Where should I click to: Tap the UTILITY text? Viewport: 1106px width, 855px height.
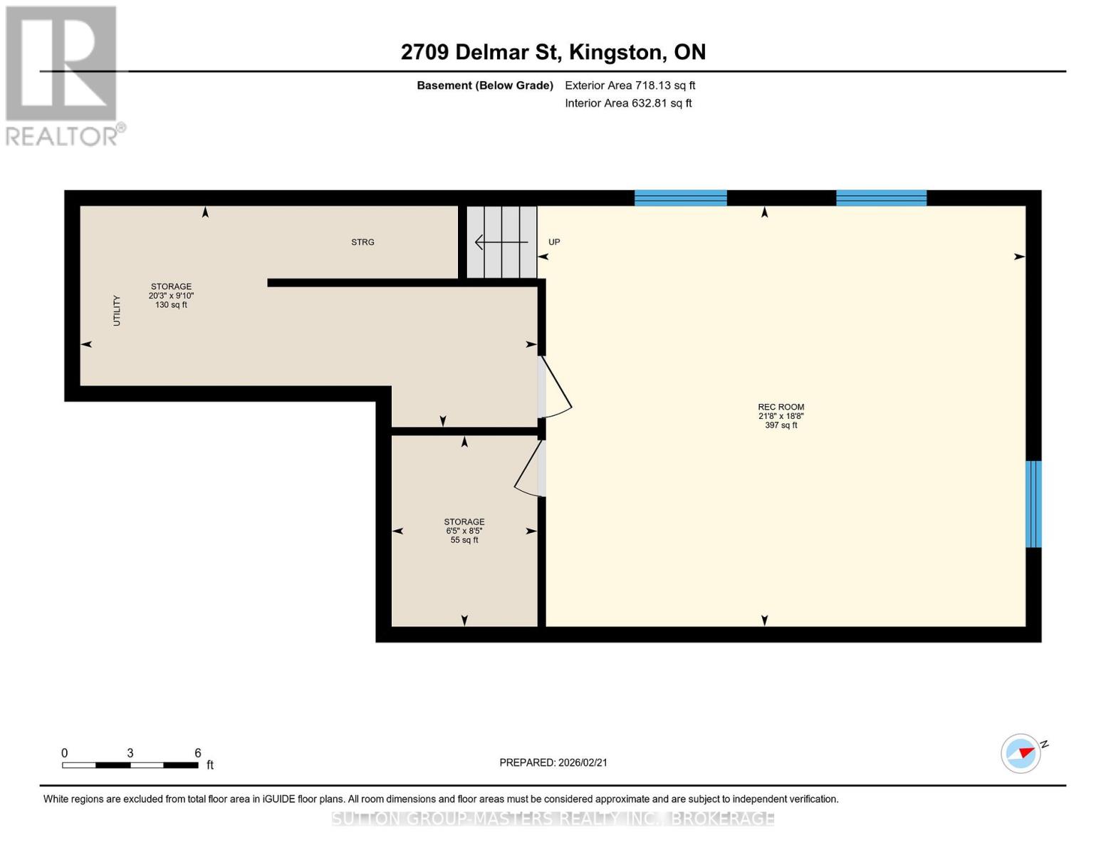coord(117,311)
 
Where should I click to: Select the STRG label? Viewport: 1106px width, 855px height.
coord(362,242)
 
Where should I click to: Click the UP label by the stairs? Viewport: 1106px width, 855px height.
coord(554,242)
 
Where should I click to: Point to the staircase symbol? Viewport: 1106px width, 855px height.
coord(501,242)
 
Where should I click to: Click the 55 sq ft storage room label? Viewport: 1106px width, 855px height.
coord(464,531)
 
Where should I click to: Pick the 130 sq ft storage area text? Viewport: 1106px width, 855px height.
coord(171,296)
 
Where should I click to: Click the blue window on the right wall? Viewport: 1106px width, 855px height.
coord(1033,504)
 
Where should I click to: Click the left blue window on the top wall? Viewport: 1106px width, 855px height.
coord(680,198)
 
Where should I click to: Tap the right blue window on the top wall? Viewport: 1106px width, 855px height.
coord(881,198)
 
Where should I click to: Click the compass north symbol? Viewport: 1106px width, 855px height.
coord(1021,753)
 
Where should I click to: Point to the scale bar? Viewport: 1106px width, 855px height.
coord(130,765)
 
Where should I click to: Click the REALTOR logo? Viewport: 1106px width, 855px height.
coord(63,75)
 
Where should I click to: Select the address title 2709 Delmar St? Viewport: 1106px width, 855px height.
coord(553,52)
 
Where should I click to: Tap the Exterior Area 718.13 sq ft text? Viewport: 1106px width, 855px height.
coord(630,85)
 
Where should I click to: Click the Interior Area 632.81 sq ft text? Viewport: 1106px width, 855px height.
coord(628,103)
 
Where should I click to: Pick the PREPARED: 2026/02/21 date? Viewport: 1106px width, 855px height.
coord(553,762)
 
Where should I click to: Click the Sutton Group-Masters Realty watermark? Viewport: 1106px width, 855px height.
coord(553,819)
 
